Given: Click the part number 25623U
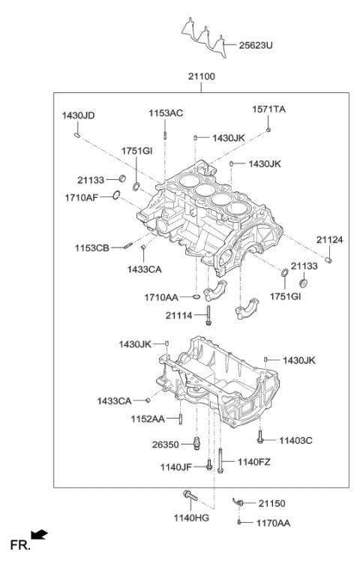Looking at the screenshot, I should coord(256,45).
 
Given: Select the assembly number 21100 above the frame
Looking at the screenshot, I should coord(201,78).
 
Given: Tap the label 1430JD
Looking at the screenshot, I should coord(78,115).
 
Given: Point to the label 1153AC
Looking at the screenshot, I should coord(165,112).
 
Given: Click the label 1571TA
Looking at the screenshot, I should coord(268,109).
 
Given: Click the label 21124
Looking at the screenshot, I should coord(328,240).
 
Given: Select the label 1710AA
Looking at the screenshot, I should coord(160,298).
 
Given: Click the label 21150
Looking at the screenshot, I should coord(272,503).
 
